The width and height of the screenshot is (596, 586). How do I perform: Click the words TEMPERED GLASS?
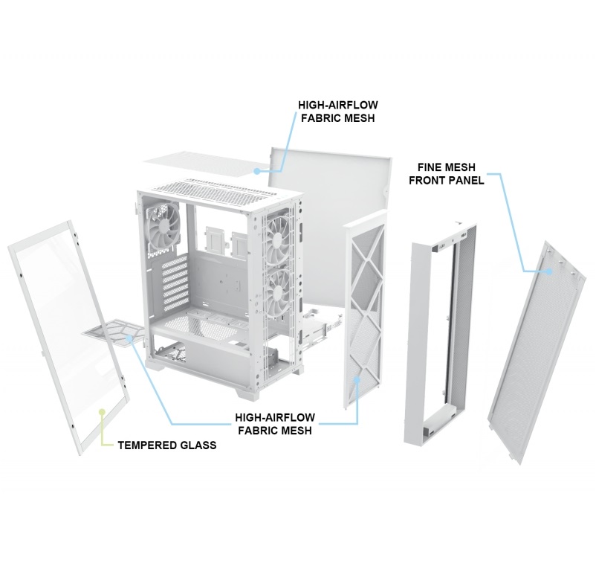[x=167, y=445]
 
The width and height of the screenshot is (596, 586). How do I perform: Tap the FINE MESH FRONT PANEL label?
[x=447, y=173]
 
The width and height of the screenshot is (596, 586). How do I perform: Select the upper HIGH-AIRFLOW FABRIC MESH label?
[x=338, y=112]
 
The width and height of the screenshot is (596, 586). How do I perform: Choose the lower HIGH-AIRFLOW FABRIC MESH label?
[x=275, y=424]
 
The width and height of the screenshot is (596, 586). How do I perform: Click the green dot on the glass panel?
[x=102, y=411]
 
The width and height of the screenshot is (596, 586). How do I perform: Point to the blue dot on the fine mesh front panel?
[x=549, y=271]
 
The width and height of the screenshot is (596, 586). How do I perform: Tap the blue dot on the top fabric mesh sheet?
[x=257, y=171]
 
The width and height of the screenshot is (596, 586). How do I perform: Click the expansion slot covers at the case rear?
[x=175, y=282]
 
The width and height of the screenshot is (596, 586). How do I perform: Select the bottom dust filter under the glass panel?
[x=113, y=333]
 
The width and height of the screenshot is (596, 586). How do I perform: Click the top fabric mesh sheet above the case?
[x=205, y=164]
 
